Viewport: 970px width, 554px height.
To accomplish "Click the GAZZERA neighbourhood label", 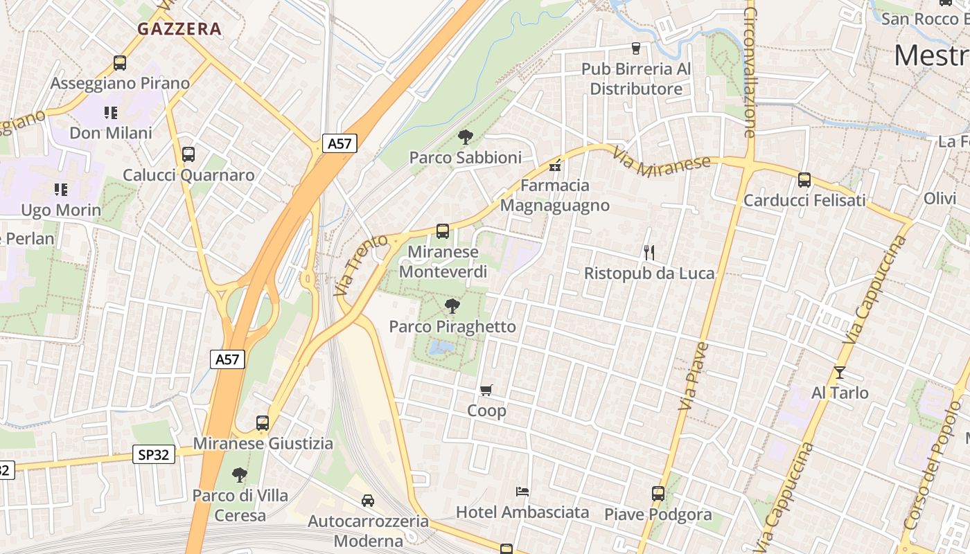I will [x=179, y=29].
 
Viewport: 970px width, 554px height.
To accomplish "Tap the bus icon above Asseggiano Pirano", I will [x=120, y=63].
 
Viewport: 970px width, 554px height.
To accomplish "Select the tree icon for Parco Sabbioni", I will [x=465, y=136].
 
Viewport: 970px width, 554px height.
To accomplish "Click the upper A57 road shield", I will [x=339, y=143].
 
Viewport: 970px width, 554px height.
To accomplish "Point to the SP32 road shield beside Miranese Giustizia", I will [x=154, y=454].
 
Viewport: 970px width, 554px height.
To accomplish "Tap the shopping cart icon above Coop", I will [x=486, y=391].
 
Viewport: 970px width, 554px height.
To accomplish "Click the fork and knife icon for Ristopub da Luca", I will [x=649, y=253].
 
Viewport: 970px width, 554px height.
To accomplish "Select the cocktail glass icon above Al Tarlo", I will [x=840, y=373].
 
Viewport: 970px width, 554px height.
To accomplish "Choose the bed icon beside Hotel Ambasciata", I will [x=522, y=492].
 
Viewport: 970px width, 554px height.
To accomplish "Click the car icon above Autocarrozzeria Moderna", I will [x=368, y=500].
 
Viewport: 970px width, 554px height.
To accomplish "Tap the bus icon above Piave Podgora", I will [x=658, y=494].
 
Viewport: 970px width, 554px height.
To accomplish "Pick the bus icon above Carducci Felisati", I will [x=804, y=180].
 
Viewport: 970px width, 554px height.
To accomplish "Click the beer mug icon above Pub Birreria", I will [x=635, y=48].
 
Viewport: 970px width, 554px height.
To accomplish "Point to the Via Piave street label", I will [x=694, y=376].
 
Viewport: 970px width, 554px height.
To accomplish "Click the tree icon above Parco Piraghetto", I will [x=452, y=305].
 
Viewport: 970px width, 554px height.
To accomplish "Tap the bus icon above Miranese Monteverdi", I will [x=443, y=231].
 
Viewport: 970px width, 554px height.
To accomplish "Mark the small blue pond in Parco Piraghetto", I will [x=441, y=346].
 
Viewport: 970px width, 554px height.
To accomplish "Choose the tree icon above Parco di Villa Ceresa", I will [x=240, y=475].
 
